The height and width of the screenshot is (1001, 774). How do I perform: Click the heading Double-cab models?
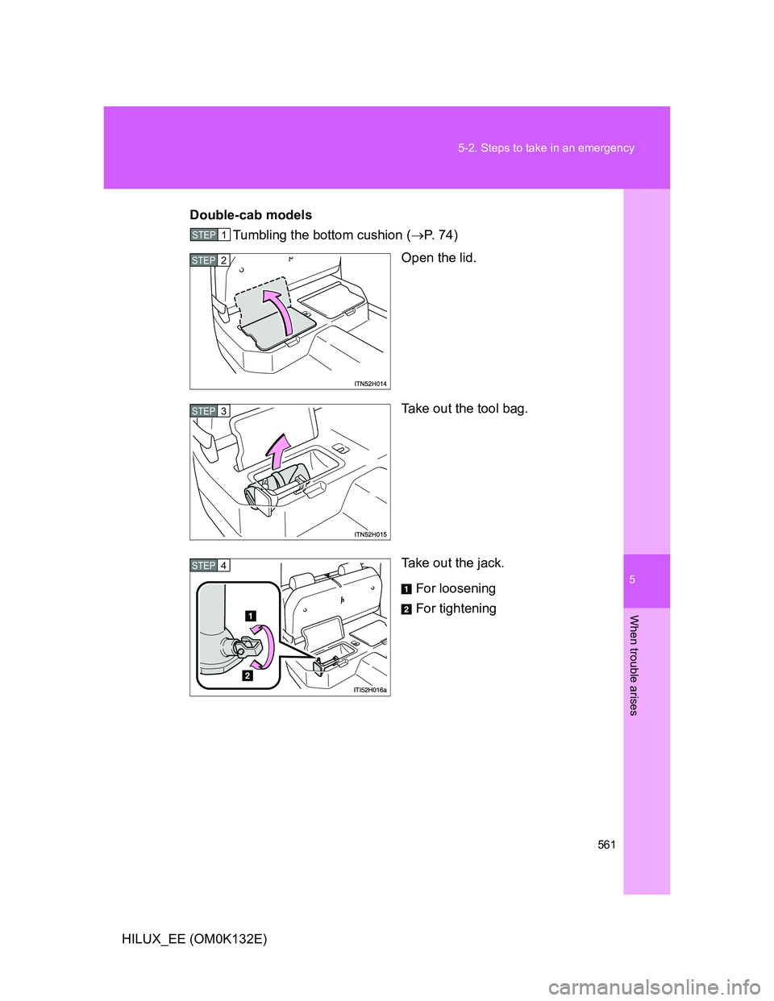pos(251,215)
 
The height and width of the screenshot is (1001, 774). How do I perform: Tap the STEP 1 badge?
pos(210,235)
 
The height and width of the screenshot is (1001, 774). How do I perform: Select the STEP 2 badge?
pos(210,260)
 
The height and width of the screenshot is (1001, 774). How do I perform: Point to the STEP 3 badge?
pos(210,411)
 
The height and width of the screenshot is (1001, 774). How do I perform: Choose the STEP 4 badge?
pos(210,565)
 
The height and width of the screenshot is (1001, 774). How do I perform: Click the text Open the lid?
pos(439,258)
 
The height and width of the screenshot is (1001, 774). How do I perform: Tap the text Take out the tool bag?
pos(464,409)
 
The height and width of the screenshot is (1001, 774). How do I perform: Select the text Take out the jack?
pos(453,563)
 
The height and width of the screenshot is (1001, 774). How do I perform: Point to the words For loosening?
pos(456,588)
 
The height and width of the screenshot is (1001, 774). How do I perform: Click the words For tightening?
pos(456,609)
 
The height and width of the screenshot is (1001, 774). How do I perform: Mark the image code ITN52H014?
pos(370,384)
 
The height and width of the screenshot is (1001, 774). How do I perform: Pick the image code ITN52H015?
pos(370,534)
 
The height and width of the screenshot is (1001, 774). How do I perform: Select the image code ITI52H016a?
pos(370,690)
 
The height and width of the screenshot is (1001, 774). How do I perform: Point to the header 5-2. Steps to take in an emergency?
pos(546,147)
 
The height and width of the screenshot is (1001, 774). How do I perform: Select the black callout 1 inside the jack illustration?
pos(250,616)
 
